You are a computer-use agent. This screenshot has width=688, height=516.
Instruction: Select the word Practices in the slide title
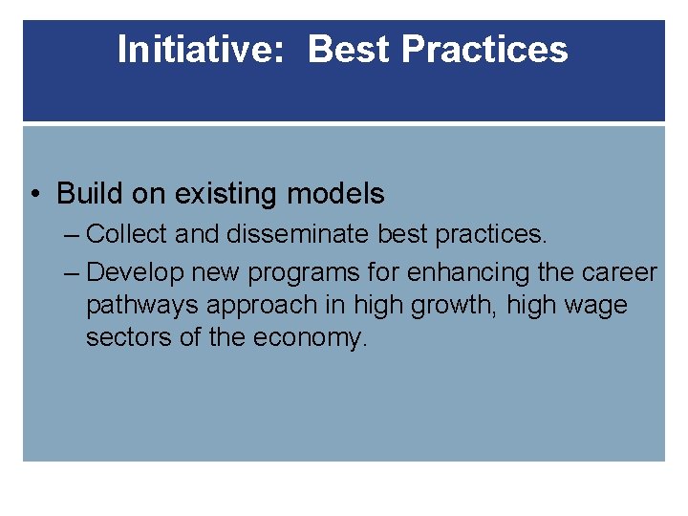tap(484, 50)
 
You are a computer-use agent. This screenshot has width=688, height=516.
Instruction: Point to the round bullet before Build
tap(34, 194)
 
